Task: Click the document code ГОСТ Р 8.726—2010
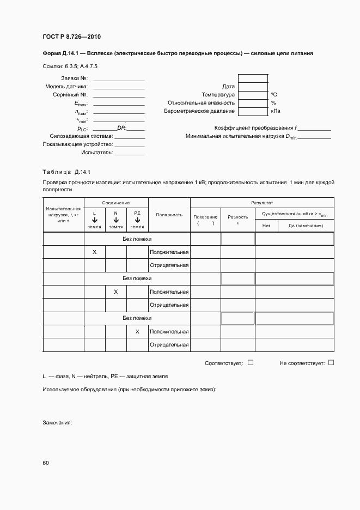[71, 37]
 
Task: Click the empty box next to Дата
[253, 86]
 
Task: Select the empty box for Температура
[253, 94]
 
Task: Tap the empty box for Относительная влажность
[253, 102]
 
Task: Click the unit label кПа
[276, 111]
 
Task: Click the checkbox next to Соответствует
[251, 362]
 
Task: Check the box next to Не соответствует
[331, 362]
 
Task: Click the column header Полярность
[169, 215]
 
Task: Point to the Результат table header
[262, 203]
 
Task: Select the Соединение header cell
[116, 203]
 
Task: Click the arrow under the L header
[94, 220]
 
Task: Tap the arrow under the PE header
[137, 220]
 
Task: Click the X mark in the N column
[116, 292]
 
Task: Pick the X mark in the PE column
[137, 331]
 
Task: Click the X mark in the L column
[94, 252]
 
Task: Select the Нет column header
[266, 225]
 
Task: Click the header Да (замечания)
[306, 225]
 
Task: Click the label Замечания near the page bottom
[57, 423]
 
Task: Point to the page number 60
[46, 463]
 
